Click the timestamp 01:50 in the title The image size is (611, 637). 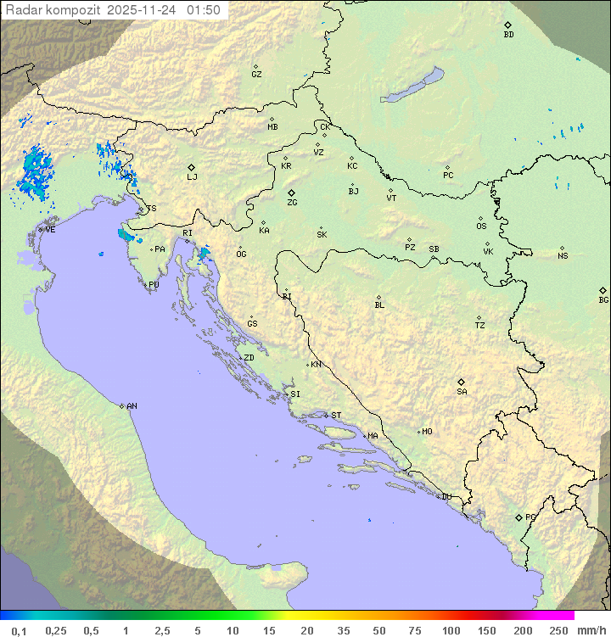coord(205,10)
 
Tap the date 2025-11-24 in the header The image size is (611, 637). coord(144,10)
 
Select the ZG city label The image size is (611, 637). coord(292,203)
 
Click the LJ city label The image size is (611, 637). coord(192,177)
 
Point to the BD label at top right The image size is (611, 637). coord(508,35)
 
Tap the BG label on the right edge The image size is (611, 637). coord(603,299)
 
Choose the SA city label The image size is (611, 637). coord(462,391)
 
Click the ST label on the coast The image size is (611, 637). coord(336,416)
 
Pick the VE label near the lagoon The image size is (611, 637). coord(50,230)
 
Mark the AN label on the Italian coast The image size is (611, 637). coord(132,406)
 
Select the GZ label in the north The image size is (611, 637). coord(256,74)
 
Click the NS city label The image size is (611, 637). coord(563,256)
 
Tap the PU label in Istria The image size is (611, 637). coord(154,285)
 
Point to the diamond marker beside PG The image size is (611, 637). coord(519,517)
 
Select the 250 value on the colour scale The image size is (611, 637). coord(558,630)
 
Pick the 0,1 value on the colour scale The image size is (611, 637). coord(19,630)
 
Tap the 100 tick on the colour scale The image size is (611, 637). coord(451,630)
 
